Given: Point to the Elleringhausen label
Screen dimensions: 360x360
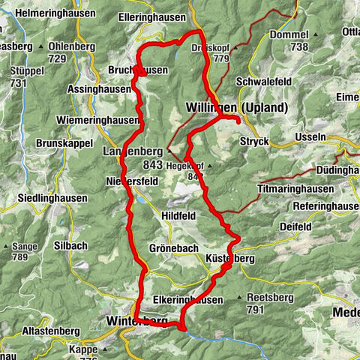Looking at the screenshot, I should [153, 17].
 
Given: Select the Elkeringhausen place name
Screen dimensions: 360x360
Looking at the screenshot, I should [187, 299].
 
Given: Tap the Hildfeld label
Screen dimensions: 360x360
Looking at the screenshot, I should [181, 215].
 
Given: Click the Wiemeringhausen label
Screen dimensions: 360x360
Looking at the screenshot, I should [97, 120].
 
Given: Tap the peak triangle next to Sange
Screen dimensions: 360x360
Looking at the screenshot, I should [5, 246].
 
